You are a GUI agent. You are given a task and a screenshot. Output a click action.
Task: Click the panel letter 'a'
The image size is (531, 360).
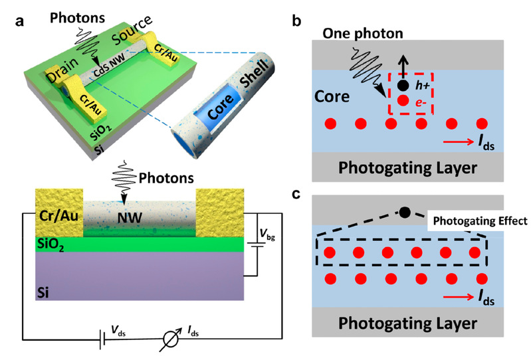(x=19, y=18)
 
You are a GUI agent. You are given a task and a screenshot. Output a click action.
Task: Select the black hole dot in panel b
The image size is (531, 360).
(x=402, y=86)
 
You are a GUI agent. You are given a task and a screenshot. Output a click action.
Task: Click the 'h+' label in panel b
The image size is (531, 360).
(x=421, y=85)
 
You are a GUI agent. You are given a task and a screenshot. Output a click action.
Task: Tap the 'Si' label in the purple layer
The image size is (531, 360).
(x=46, y=290)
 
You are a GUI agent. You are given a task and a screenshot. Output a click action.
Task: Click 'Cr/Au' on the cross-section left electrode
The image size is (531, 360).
(x=58, y=215)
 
